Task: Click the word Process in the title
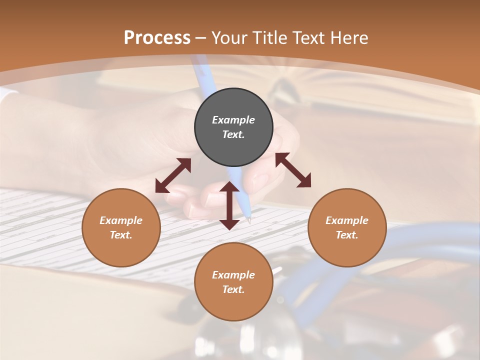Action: tap(157, 37)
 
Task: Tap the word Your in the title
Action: tap(229, 37)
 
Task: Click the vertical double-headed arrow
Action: tap(229, 205)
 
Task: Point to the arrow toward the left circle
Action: tap(173, 175)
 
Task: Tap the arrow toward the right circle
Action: tap(293, 170)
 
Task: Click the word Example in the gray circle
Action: tap(233, 120)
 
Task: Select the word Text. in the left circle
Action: tap(121, 235)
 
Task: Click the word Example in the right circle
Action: tap(347, 220)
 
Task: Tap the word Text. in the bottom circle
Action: tap(233, 289)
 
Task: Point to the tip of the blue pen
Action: tap(249, 219)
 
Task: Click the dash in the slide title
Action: tap(201, 37)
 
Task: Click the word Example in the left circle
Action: tap(121, 220)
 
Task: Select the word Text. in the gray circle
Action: tap(233, 134)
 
